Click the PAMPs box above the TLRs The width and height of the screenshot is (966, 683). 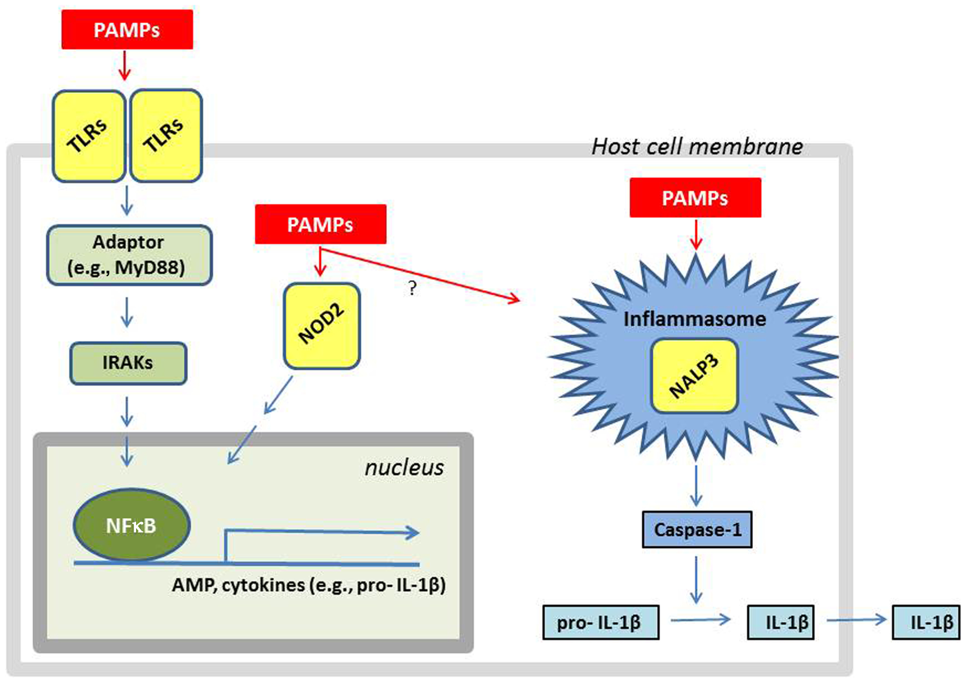(127, 30)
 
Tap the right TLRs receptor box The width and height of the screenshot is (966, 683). (166, 136)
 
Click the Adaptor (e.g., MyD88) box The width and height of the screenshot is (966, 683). (129, 255)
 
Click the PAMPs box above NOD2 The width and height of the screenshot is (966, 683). (321, 224)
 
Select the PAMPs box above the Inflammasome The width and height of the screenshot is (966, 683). (695, 198)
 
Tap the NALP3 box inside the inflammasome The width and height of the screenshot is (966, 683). (694, 376)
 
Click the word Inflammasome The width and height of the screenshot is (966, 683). (694, 319)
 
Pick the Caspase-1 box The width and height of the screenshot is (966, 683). (697, 530)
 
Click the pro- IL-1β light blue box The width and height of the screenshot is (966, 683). (600, 622)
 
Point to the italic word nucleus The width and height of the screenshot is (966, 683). (404, 468)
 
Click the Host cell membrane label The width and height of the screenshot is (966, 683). (697, 146)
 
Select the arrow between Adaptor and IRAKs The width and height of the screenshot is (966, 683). (127, 312)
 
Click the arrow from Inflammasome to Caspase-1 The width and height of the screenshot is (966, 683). (696, 485)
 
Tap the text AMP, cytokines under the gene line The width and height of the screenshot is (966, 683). (238, 585)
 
